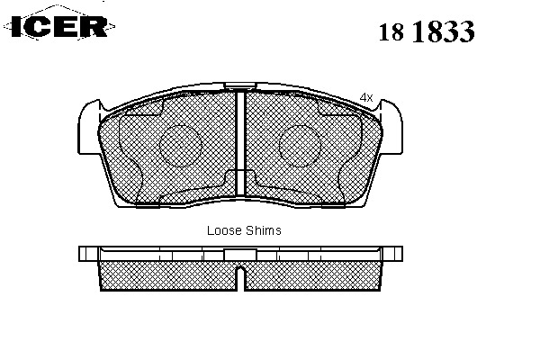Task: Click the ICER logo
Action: (x=59, y=26)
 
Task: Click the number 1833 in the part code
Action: (x=443, y=31)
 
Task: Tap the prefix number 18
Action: (x=391, y=32)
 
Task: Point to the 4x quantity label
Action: (x=365, y=97)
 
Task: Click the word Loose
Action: (x=223, y=230)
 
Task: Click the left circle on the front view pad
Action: (x=181, y=146)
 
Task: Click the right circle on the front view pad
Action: (x=300, y=146)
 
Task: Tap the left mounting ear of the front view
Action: (x=89, y=128)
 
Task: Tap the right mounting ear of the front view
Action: (x=391, y=128)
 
